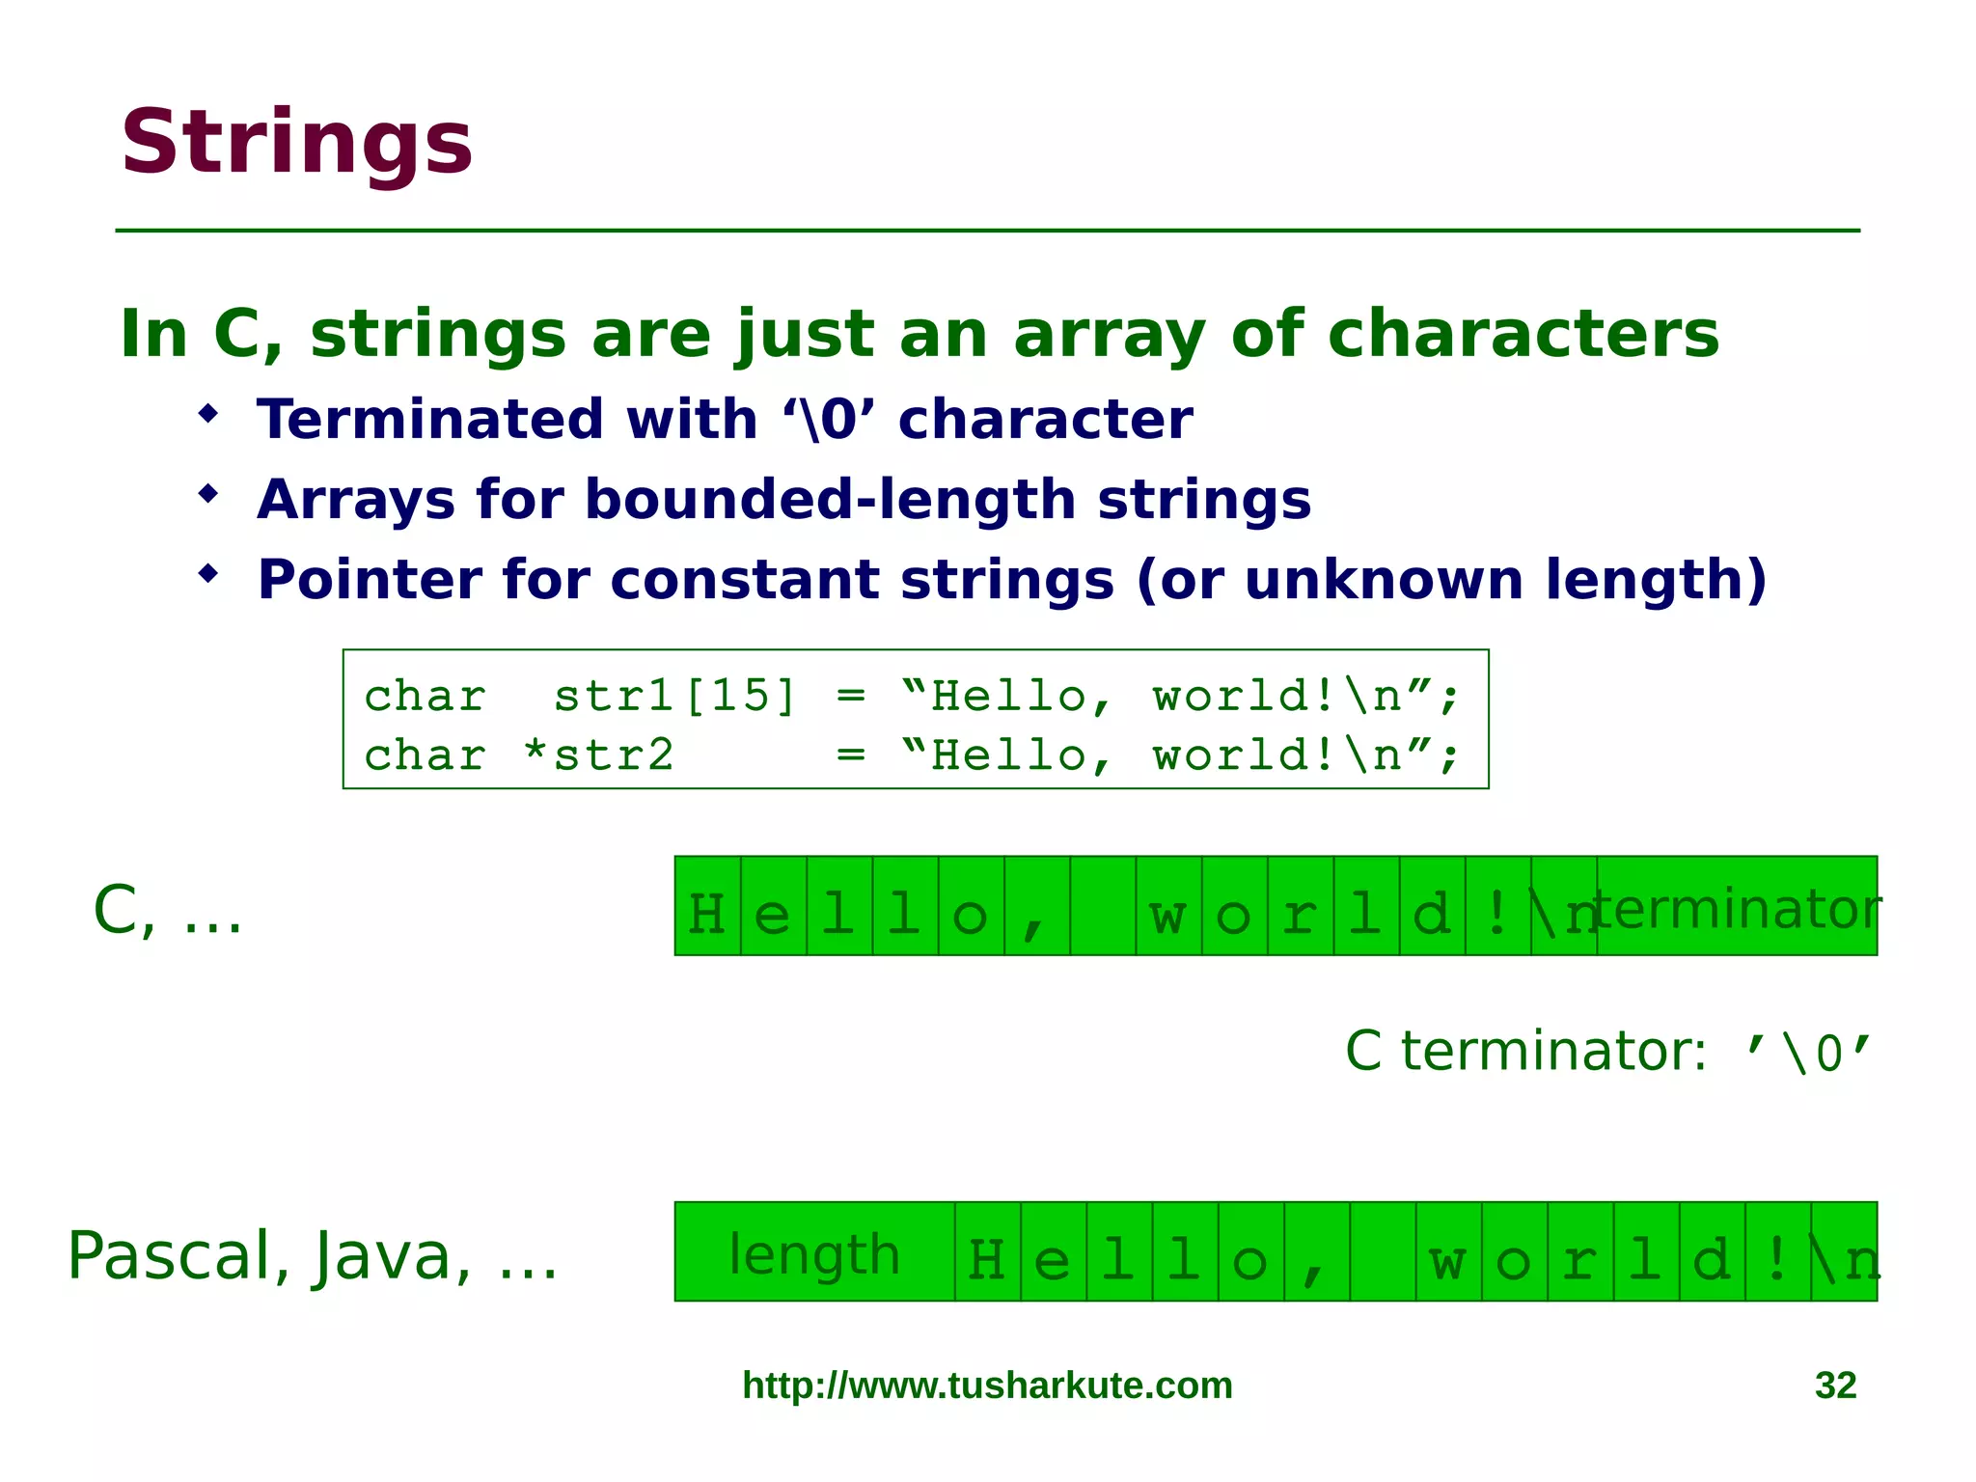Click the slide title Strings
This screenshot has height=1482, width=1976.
coord(296,143)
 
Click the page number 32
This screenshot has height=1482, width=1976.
coord(1835,1386)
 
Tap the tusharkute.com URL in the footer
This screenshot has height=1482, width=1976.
coord(987,1386)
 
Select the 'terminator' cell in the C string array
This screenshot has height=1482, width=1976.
coord(1737,907)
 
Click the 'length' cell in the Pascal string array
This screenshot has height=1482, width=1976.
coord(814,1252)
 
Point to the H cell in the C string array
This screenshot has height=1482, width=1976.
coord(707,907)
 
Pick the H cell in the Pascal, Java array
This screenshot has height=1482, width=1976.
coord(987,1252)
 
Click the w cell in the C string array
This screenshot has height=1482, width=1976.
coord(1168,907)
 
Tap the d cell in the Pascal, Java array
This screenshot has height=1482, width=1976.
coord(1712,1252)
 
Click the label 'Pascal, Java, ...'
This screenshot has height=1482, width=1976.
coord(313,1256)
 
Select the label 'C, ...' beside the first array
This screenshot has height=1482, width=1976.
coord(168,911)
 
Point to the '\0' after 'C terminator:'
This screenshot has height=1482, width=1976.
coord(1809,1052)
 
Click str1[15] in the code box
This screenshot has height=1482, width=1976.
coord(674,697)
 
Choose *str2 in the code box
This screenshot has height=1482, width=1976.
coord(598,755)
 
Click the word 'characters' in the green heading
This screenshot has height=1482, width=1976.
coord(1523,334)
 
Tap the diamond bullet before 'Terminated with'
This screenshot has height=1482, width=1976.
coord(208,415)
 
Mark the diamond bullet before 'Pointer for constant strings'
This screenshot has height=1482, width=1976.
coord(208,575)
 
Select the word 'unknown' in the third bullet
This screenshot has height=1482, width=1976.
coord(1384,580)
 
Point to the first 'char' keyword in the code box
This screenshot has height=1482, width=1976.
coord(425,697)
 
